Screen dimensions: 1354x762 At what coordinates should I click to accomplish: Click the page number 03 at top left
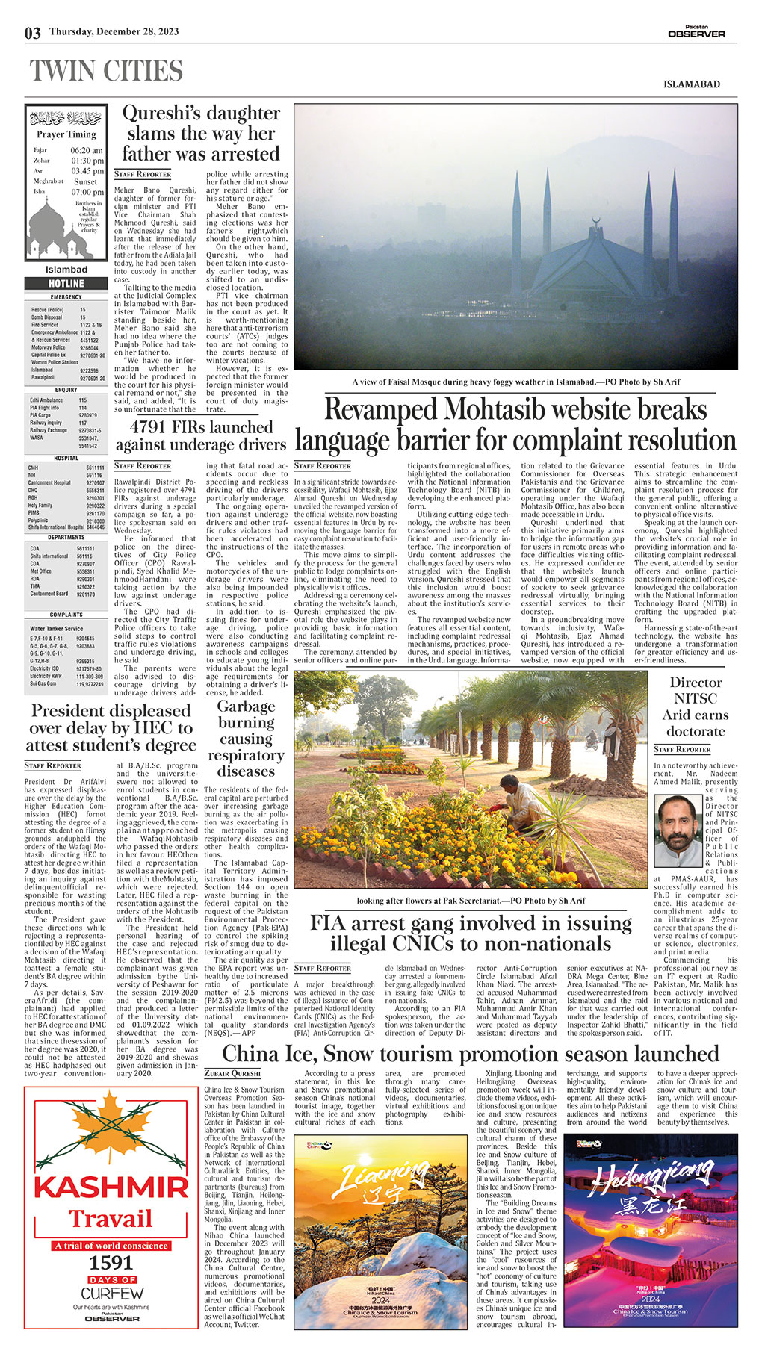coord(32,33)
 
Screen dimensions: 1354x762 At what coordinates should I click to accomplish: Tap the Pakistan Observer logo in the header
coord(696,33)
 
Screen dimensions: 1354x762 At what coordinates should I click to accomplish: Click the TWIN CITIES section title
coord(106,72)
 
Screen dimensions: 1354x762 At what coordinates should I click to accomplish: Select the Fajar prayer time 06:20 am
coord(87,150)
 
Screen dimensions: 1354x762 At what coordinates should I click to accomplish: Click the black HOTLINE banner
coord(66,284)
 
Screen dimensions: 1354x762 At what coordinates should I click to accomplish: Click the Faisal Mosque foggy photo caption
coord(516,382)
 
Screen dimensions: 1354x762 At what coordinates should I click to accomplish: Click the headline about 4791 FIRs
coord(200,436)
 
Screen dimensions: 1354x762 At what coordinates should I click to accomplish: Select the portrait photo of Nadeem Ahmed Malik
coord(678,830)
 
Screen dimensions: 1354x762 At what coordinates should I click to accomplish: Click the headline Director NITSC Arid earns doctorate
coord(695,706)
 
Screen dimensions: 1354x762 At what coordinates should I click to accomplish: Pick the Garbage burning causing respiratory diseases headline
coord(246,739)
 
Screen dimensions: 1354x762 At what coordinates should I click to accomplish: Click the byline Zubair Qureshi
coord(232,1073)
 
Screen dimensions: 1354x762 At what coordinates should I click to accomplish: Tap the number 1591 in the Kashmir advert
coord(111,1263)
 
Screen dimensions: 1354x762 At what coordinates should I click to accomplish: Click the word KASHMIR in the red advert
coord(111,1187)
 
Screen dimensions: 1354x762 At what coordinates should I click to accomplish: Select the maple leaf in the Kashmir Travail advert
coord(111,1128)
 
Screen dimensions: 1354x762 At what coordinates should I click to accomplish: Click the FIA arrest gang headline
coord(471,933)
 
